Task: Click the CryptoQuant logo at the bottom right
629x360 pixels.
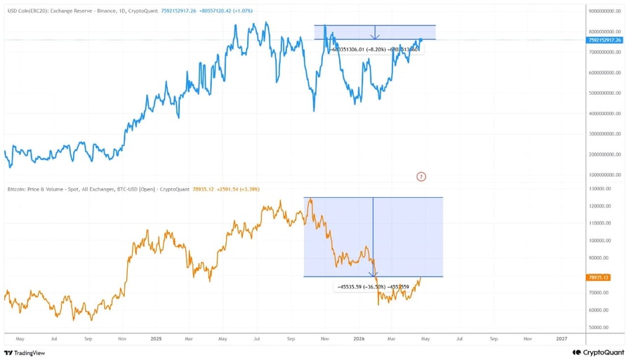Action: [x=597, y=353]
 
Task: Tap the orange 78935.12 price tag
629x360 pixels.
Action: [x=598, y=277]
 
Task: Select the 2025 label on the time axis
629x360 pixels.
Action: [x=157, y=338]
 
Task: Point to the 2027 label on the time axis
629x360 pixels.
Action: [x=561, y=338]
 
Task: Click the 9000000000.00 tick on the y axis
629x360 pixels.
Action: [x=606, y=11]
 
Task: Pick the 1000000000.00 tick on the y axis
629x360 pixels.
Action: [x=606, y=174]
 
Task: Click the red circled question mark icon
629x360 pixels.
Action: [x=421, y=176]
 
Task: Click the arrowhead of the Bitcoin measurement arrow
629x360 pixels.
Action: [x=373, y=274]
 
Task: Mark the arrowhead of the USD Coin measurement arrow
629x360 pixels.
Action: [x=376, y=37]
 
